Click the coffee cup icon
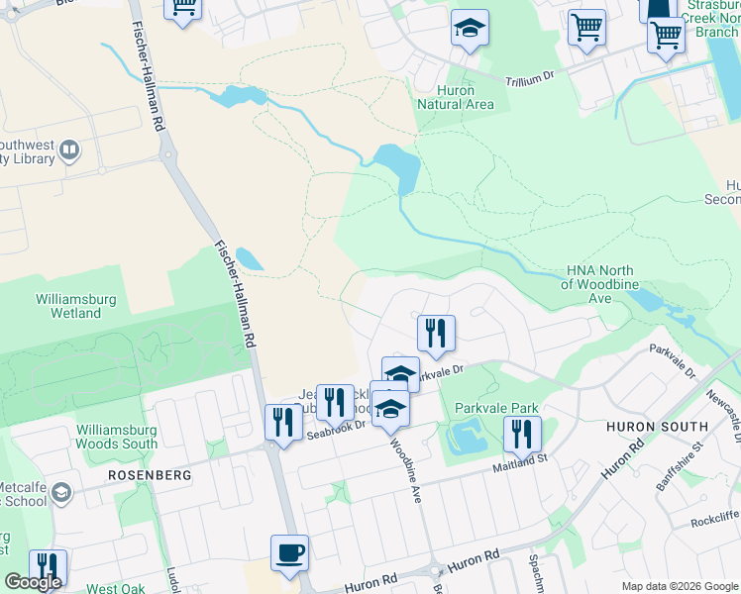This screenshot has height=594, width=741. coord(289,552)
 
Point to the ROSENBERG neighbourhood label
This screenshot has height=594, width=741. coord(149,475)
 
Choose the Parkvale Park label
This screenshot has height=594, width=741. coord(496,408)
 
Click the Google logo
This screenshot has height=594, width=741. coord(32,583)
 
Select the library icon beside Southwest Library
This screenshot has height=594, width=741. coord(69,151)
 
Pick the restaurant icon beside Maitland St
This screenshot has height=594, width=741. coord(521,433)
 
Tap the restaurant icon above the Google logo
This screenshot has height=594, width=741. coord(47,567)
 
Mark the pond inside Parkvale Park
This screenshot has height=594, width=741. coord(465,435)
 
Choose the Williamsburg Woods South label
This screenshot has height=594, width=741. coord(116,438)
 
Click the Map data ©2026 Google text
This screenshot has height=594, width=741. coord(679,586)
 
